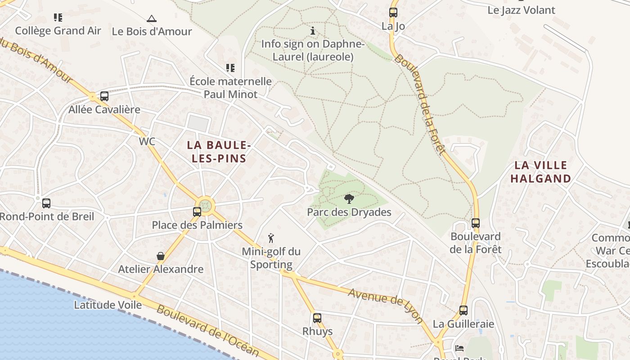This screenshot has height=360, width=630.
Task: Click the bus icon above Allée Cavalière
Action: click(104, 96)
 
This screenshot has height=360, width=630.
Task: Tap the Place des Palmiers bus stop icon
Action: click(197, 211)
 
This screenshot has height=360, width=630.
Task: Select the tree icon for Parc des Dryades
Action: click(349, 198)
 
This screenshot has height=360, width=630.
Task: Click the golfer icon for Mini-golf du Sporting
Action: click(271, 238)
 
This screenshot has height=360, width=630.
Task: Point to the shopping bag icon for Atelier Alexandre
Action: click(161, 256)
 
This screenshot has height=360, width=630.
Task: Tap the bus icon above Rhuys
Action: click(317, 318)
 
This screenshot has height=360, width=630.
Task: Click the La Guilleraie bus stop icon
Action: click(463, 310)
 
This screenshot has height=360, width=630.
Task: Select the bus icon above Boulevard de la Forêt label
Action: click(476, 223)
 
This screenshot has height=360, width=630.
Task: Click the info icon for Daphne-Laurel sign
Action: click(313, 31)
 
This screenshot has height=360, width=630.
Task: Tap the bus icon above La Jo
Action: click(393, 13)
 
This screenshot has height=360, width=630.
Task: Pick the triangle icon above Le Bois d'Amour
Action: click(152, 18)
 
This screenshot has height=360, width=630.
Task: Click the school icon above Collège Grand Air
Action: click(58, 18)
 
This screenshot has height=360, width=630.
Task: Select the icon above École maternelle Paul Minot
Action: click(230, 68)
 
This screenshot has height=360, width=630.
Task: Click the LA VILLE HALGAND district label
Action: click(540, 172)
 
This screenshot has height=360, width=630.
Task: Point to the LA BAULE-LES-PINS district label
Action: click(219, 152)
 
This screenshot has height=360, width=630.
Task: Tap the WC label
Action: click(147, 141)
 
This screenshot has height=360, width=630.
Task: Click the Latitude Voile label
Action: click(108, 305)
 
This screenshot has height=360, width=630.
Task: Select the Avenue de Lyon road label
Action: click(386, 306)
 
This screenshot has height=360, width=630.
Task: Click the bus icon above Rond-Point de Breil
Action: click(46, 203)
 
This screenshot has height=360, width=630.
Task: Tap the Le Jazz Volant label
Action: click(521, 10)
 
